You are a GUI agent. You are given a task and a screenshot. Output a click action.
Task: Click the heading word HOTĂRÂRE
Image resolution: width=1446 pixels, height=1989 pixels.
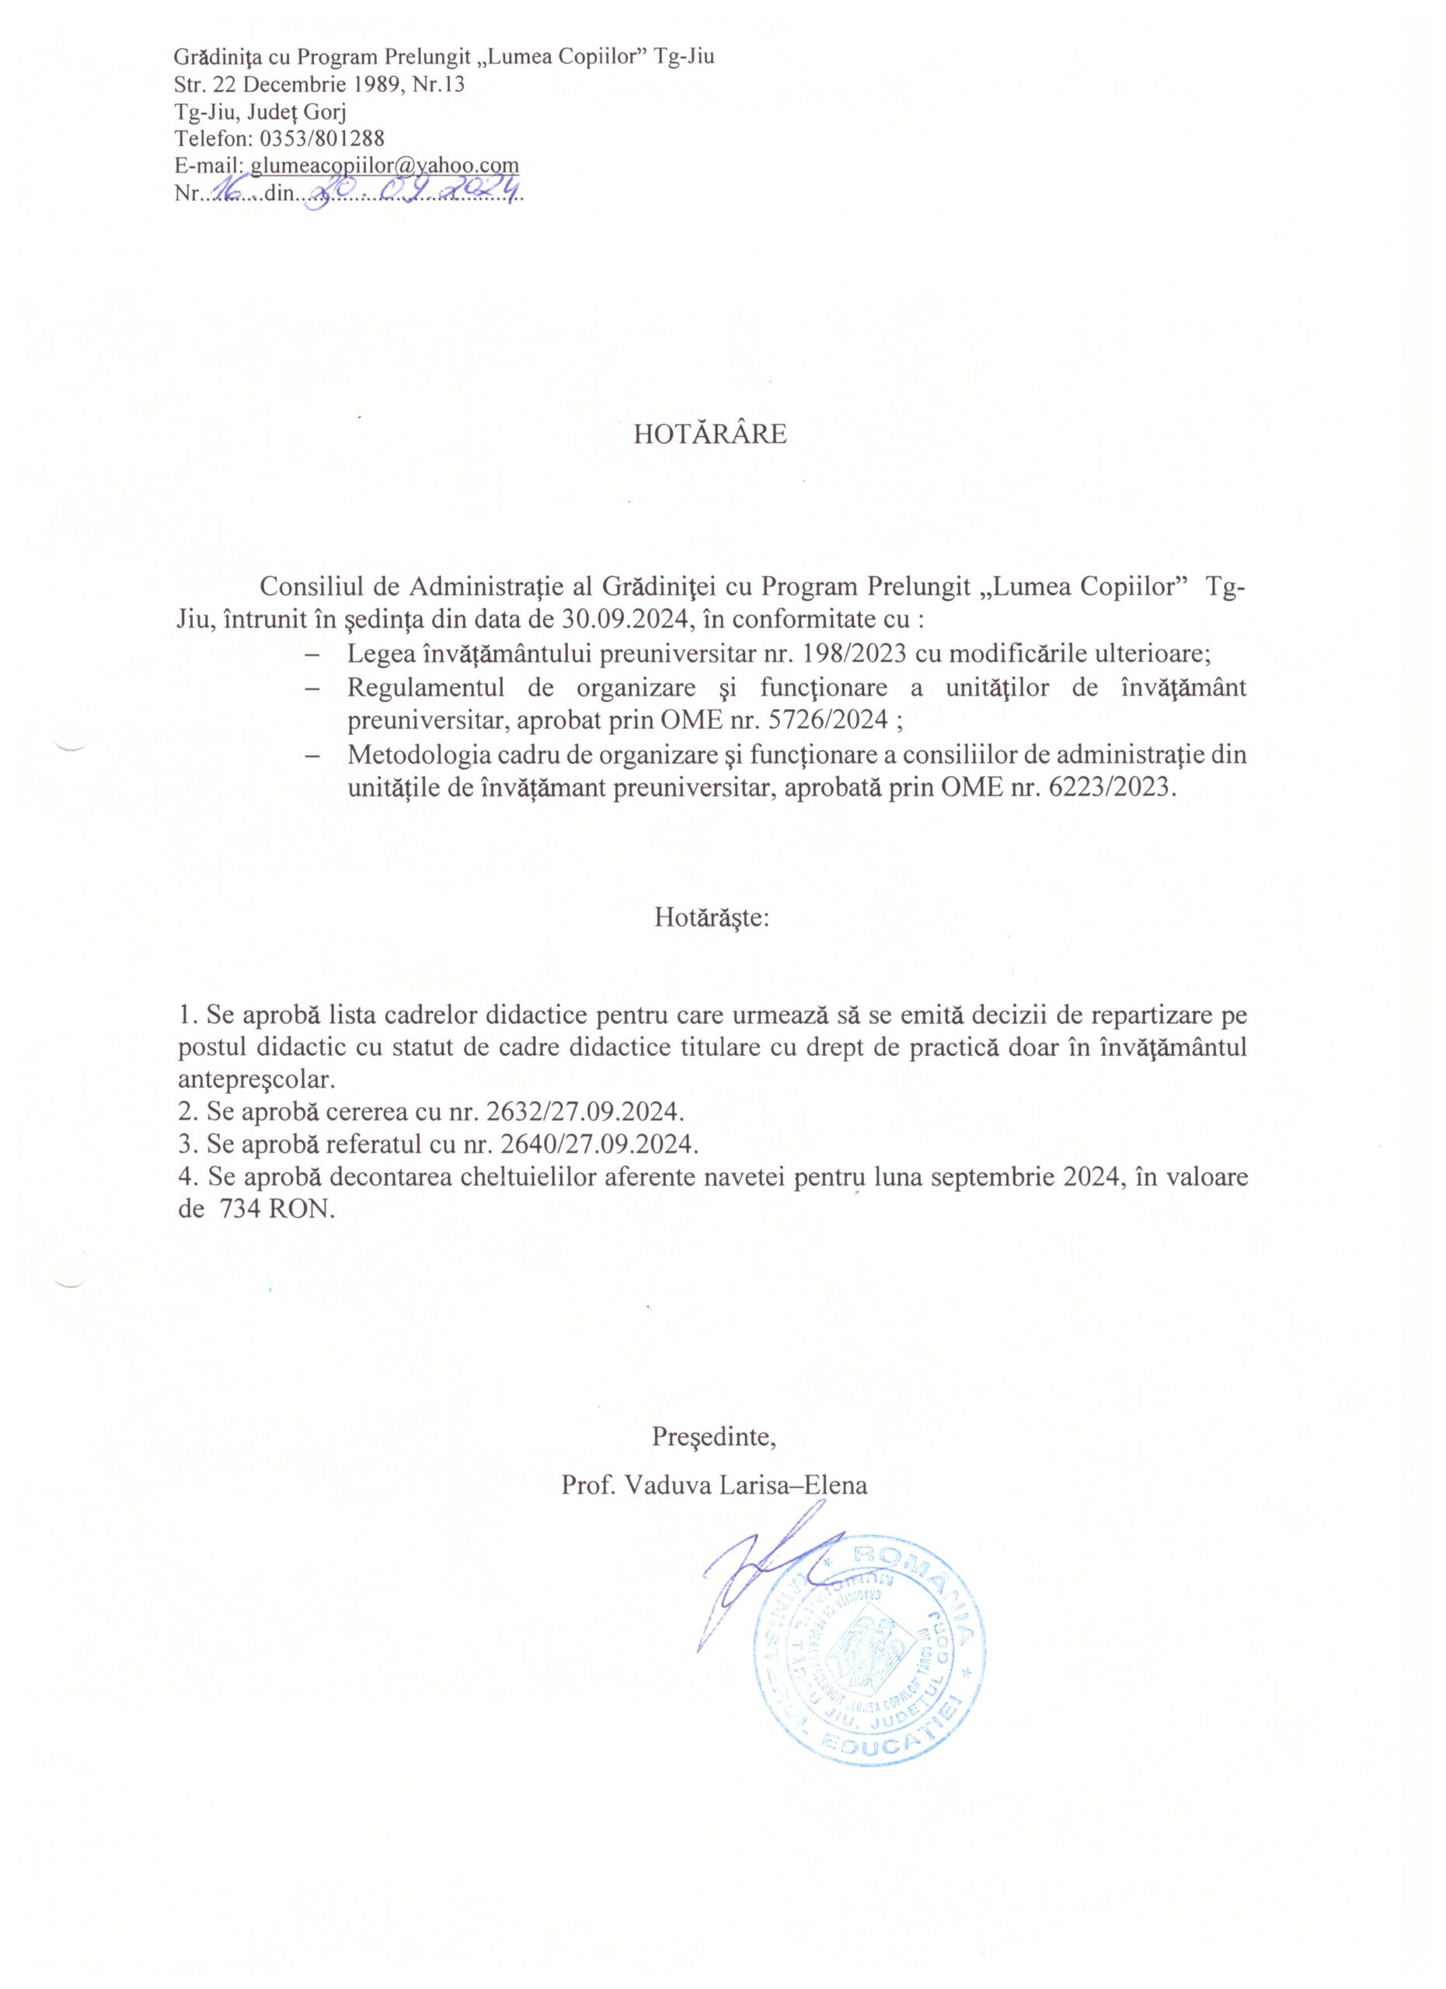click(710, 434)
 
